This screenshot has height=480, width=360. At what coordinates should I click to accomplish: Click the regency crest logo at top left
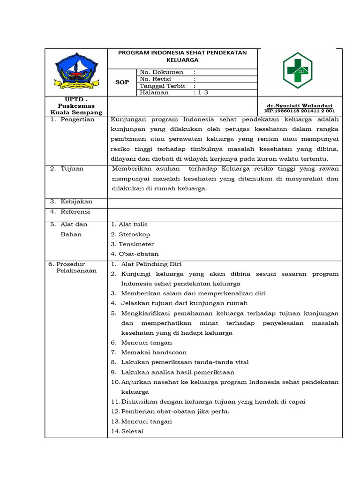[x=76, y=72]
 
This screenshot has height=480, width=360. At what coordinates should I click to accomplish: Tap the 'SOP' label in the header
[x=122, y=82]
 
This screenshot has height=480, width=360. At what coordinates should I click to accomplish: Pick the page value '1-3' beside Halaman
[x=203, y=93]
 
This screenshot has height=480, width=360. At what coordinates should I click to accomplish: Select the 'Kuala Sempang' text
[x=76, y=112]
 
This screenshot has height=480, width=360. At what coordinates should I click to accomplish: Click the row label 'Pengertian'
[x=77, y=119]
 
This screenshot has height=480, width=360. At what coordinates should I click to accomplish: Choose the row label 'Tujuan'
[x=72, y=168]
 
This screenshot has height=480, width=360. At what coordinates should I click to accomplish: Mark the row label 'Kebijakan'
[x=76, y=202]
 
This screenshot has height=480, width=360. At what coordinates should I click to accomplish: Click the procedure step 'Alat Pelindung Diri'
[x=151, y=264]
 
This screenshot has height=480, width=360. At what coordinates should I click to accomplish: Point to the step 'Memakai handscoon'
[x=154, y=352]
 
